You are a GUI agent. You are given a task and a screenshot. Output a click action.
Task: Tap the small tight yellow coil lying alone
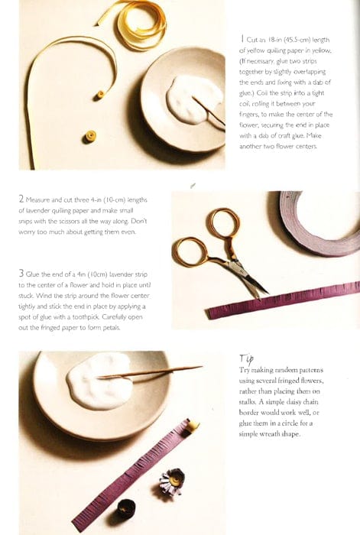90,137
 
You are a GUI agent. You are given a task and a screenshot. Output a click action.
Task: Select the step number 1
242,38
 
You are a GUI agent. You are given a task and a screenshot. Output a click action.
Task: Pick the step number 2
21,199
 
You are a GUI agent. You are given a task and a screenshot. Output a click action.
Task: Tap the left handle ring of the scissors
192,251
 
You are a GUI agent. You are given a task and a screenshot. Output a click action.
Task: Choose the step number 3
21,274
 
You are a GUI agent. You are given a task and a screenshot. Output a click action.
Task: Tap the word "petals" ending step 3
112,328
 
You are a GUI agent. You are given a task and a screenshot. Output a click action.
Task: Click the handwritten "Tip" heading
246,358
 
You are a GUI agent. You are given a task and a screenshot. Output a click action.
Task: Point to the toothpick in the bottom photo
150,372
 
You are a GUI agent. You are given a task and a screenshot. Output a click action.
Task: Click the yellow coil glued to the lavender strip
193,425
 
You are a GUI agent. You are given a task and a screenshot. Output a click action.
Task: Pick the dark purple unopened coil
126,509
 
